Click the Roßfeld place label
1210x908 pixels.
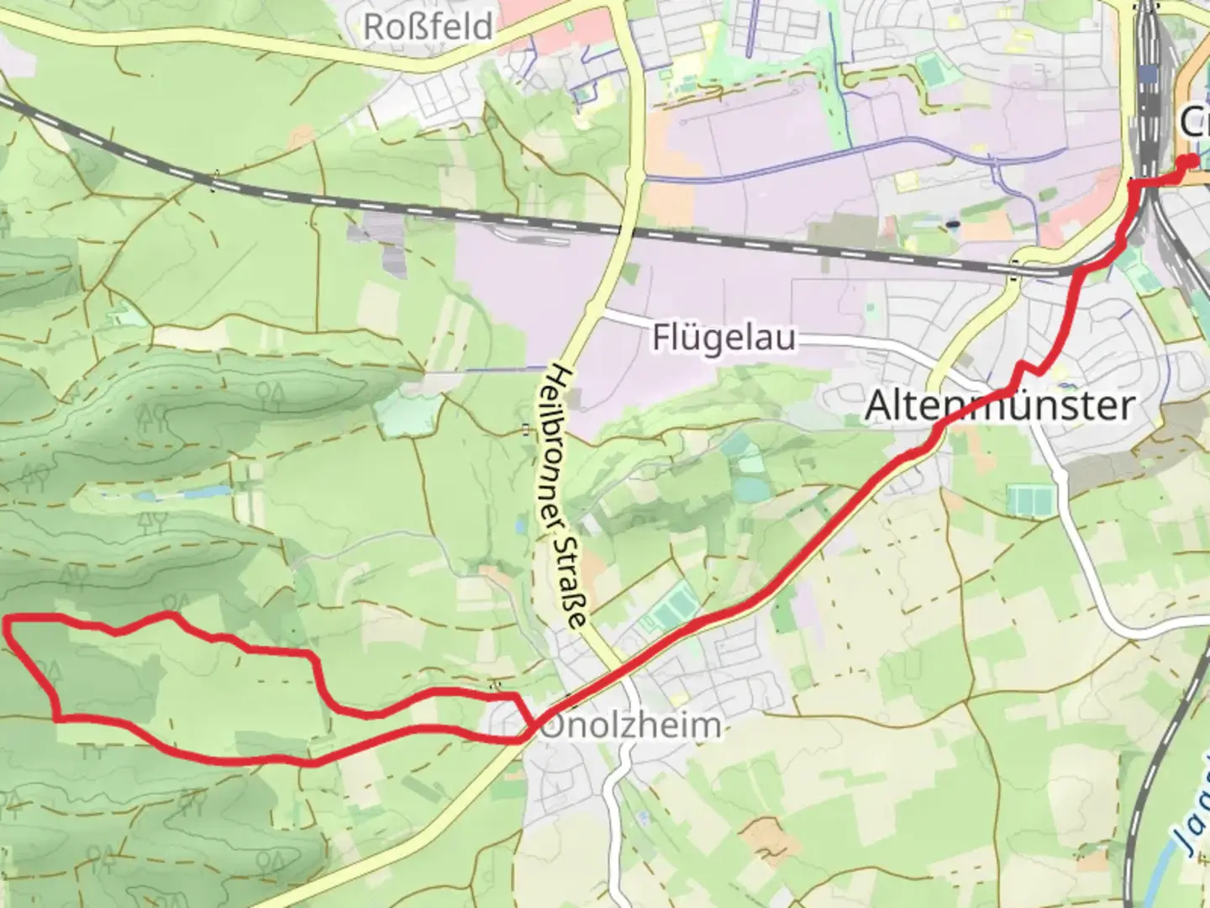click(x=428, y=26)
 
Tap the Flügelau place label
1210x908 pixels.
click(x=723, y=338)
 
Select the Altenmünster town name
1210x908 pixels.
click(x=999, y=405)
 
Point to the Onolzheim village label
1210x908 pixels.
click(x=630, y=726)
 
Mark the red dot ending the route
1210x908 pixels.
click(x=1189, y=162)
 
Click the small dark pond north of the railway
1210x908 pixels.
click(x=952, y=224)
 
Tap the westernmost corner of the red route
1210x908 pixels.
click(x=8, y=620)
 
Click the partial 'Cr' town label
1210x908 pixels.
click(x=1193, y=122)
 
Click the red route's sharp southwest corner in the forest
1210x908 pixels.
click(x=57, y=717)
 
